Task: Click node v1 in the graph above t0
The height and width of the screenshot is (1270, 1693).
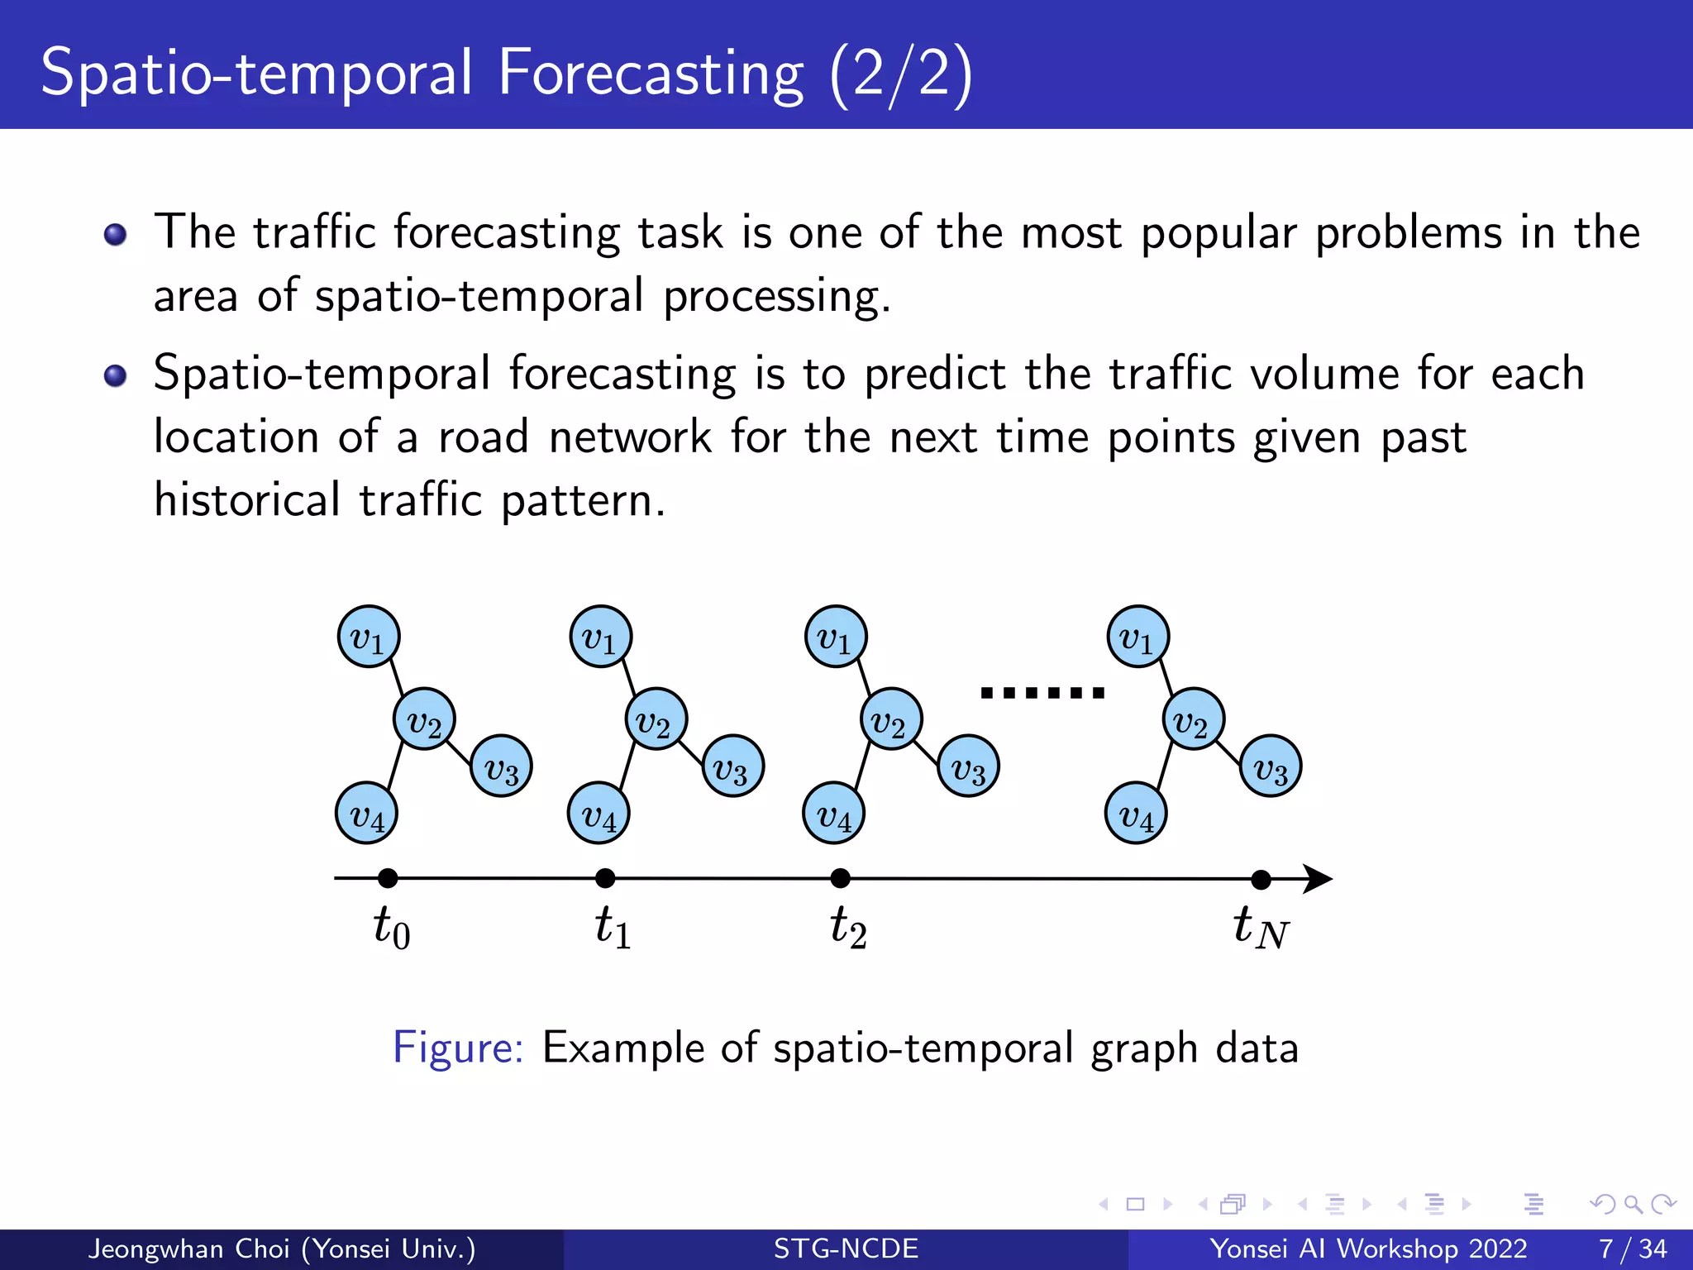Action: click(x=369, y=637)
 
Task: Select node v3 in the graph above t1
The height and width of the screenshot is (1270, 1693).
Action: click(x=732, y=766)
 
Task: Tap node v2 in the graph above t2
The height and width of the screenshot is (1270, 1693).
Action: click(x=891, y=719)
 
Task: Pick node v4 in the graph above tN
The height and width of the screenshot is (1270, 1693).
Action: click(x=1137, y=814)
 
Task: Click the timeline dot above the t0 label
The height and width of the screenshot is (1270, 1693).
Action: click(x=388, y=878)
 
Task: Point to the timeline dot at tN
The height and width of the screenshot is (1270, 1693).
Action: click(x=1261, y=880)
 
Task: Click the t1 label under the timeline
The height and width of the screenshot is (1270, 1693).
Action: click(x=613, y=927)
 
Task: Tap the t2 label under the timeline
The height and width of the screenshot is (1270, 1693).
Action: click(x=848, y=927)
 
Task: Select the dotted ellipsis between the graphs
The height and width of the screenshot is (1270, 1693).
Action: click(x=1042, y=693)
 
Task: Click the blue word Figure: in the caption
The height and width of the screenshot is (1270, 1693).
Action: click(x=458, y=1048)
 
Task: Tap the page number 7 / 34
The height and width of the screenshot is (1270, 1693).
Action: click(x=1633, y=1249)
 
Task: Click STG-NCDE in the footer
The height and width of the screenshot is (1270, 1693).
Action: click(x=846, y=1249)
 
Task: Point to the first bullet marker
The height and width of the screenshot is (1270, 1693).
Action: click(x=116, y=235)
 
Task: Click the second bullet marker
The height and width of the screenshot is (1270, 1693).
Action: click(x=116, y=376)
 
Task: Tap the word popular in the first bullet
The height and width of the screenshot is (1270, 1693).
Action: click(x=1218, y=234)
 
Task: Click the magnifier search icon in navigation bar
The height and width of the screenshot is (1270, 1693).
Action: click(x=1633, y=1204)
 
